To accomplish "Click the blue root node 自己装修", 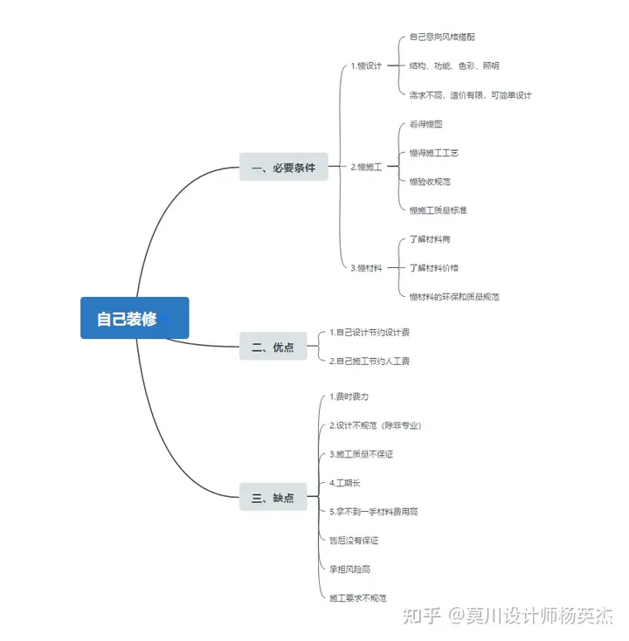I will (x=135, y=319).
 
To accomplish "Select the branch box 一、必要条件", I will (x=283, y=167).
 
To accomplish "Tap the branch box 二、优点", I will (x=273, y=348).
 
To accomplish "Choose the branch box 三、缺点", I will (x=273, y=498).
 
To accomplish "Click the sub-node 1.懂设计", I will (x=366, y=65).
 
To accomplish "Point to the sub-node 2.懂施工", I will (x=366, y=167).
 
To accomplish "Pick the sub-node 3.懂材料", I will (x=366, y=268).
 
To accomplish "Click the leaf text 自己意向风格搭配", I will (x=442, y=38).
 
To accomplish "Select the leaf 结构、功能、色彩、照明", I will (x=454, y=65).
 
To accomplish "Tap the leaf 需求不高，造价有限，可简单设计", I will (x=470, y=94).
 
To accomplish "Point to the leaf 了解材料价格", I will (x=434, y=268).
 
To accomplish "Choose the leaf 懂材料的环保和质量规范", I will (x=454, y=297).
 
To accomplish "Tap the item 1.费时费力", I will (x=342, y=397).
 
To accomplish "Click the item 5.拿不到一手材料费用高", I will (x=373, y=512).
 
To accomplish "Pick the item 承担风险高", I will (x=349, y=569).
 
